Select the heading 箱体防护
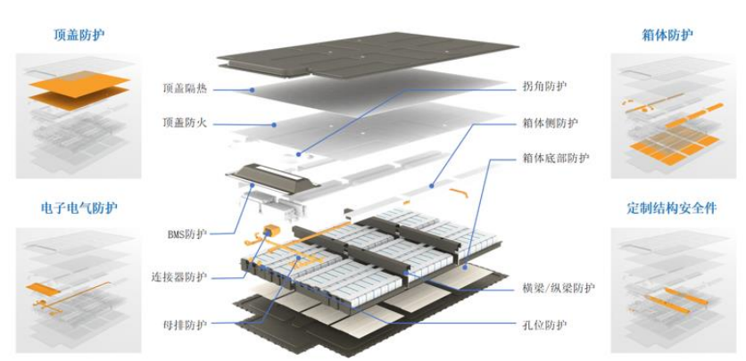click(x=667, y=36)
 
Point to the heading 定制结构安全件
click(x=671, y=208)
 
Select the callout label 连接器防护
click(x=180, y=277)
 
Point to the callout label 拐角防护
click(x=543, y=86)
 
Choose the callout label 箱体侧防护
click(x=550, y=122)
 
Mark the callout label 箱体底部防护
click(x=555, y=158)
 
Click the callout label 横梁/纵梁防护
click(x=559, y=288)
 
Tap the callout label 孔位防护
click(x=543, y=324)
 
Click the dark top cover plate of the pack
click(x=366, y=55)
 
